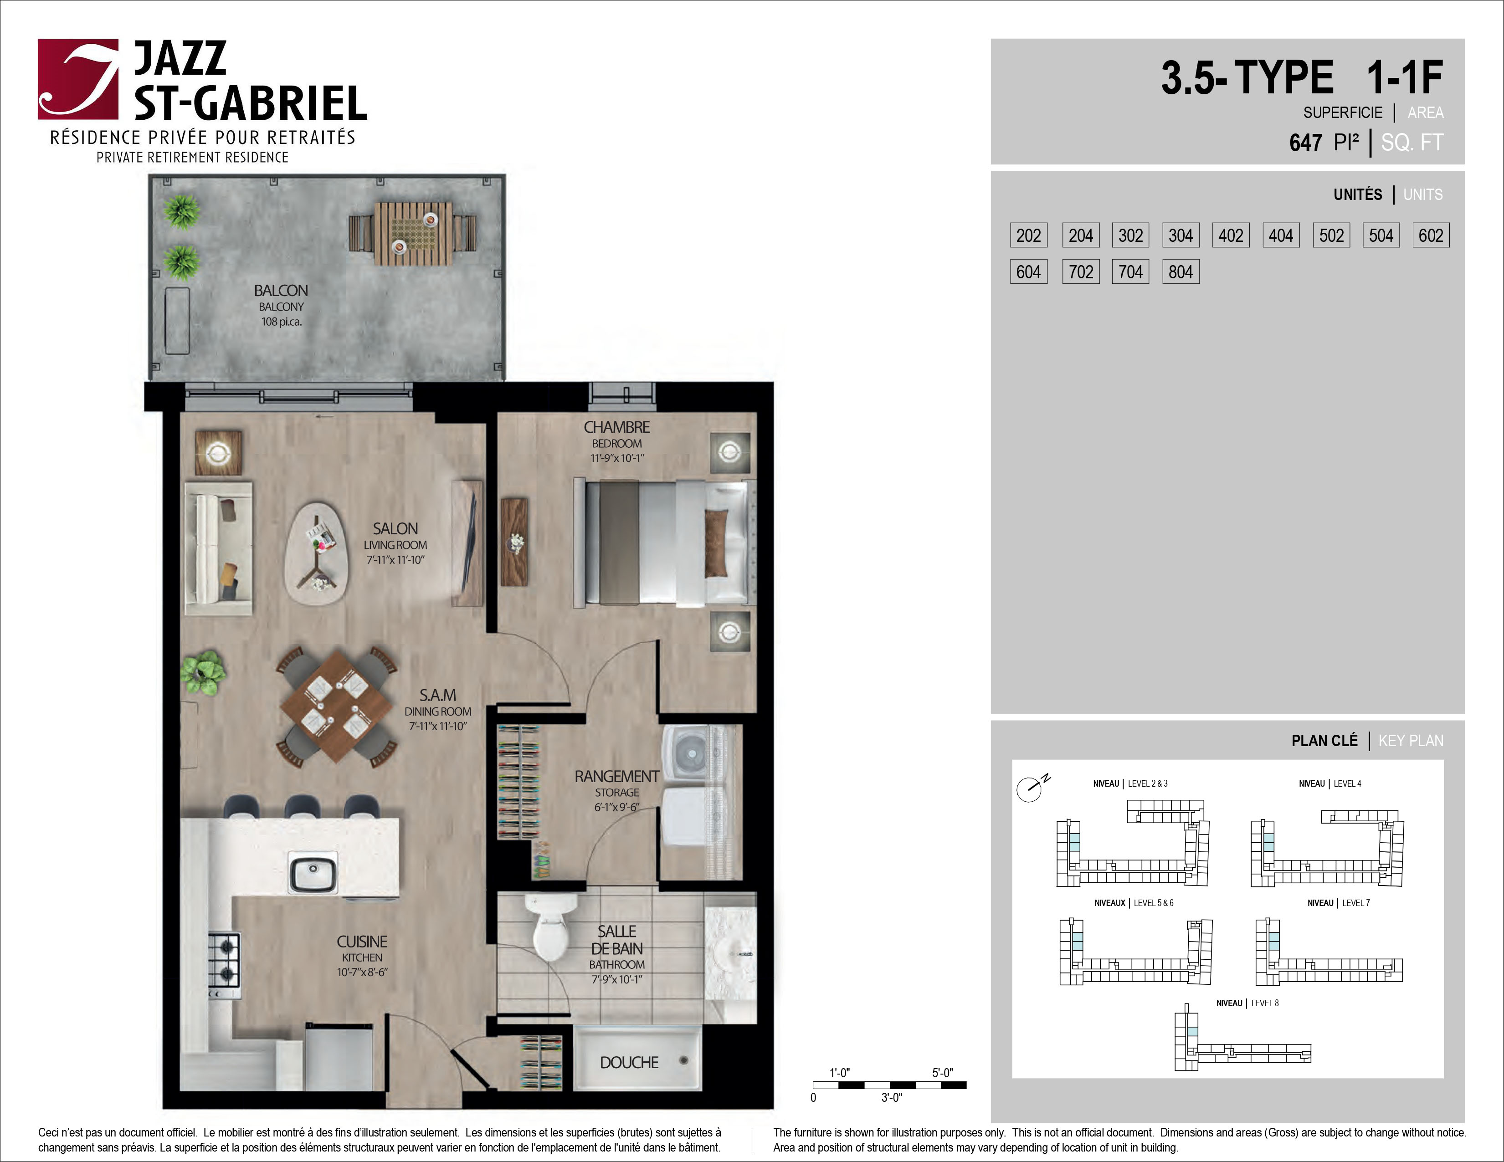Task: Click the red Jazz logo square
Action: click(x=78, y=79)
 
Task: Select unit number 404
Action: click(x=1281, y=235)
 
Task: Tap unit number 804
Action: click(x=1181, y=272)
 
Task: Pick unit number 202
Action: click(x=1029, y=235)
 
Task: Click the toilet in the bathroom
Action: click(x=550, y=927)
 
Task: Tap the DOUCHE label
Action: click(x=629, y=1062)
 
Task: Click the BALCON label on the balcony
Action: click(x=281, y=291)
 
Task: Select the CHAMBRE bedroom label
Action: click(x=617, y=427)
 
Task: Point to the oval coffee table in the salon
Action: click(x=317, y=553)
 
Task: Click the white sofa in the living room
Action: click(x=218, y=548)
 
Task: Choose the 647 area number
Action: click(x=1306, y=143)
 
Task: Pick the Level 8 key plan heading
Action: click(x=1247, y=1003)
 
